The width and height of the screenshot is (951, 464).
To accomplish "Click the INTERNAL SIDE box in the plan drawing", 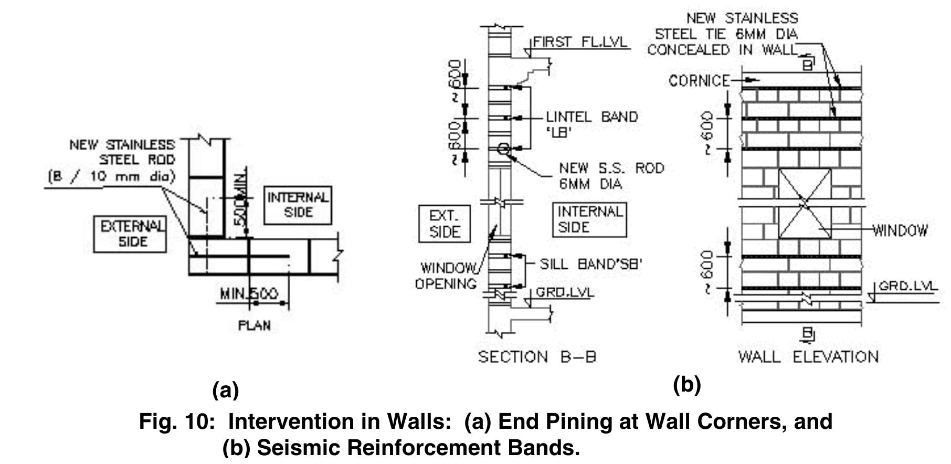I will tap(298, 205).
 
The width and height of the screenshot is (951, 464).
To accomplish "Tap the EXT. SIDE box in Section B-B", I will tap(444, 224).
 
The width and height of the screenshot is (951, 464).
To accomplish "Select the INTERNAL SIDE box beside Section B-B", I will tap(589, 219).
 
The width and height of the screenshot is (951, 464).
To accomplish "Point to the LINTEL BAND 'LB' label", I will tap(591, 124).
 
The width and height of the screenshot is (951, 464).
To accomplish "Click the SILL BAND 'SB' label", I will tap(591, 264).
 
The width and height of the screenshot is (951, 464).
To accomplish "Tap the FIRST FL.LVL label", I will tap(580, 43).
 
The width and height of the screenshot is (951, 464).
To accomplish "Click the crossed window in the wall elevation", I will tap(805, 204).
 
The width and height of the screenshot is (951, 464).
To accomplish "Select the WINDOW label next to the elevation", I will tap(900, 230).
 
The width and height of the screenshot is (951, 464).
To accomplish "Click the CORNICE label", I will tap(699, 81).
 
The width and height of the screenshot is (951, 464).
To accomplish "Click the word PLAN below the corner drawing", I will tap(255, 326).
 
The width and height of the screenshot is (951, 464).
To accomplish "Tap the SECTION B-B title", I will tap(537, 357).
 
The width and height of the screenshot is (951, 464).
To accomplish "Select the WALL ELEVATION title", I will tap(808, 357).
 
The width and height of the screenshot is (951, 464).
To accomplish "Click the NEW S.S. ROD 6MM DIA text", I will tap(611, 176).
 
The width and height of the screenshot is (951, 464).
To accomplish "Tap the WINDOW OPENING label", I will tap(446, 276).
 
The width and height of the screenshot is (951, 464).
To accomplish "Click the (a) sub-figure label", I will tap(226, 391).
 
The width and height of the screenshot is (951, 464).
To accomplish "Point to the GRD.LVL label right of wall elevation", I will tap(907, 286).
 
